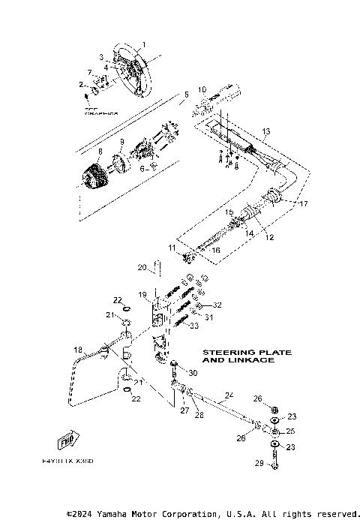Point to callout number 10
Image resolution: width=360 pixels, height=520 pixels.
202,90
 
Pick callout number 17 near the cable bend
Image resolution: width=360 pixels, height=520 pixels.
304,203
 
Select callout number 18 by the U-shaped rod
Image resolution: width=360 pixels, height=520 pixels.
77,350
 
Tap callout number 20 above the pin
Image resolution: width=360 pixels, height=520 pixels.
141,267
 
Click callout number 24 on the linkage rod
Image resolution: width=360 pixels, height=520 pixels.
229,395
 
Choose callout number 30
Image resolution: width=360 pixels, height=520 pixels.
193,373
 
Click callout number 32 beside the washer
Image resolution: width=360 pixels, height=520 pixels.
217,305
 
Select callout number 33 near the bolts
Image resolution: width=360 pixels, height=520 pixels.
194,325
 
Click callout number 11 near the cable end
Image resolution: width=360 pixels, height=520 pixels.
172,247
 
